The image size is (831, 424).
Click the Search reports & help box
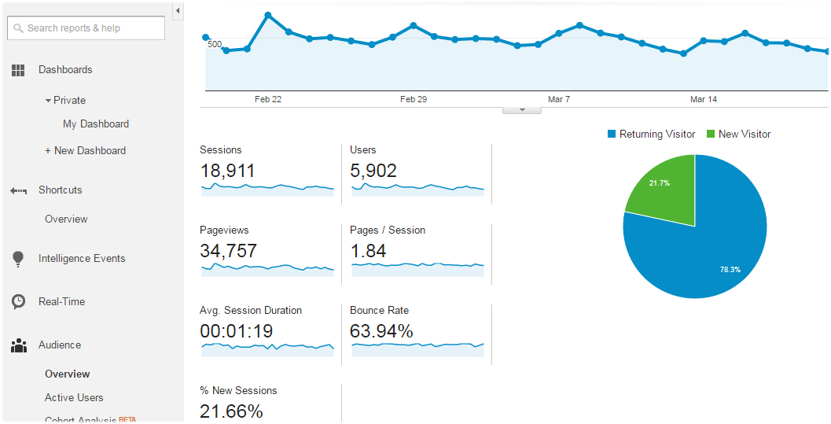(x=86, y=28)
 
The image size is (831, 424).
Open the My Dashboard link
(x=96, y=124)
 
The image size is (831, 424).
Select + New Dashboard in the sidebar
(x=86, y=150)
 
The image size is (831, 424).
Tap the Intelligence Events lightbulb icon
(x=18, y=259)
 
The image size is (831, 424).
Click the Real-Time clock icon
(x=18, y=302)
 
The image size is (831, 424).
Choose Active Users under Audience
(x=74, y=397)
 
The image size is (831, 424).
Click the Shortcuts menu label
(x=61, y=190)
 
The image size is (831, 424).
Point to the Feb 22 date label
(x=268, y=99)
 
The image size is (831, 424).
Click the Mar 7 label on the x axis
(x=559, y=99)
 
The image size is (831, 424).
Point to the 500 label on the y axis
(x=215, y=44)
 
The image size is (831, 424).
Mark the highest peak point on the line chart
(x=268, y=15)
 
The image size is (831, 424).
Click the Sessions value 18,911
(x=227, y=171)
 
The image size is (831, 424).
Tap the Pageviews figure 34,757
(x=228, y=251)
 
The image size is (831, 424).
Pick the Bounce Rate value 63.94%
(x=381, y=331)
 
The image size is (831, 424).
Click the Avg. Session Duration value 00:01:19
(x=236, y=331)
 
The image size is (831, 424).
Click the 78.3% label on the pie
(x=730, y=269)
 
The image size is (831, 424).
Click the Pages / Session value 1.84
(x=368, y=251)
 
